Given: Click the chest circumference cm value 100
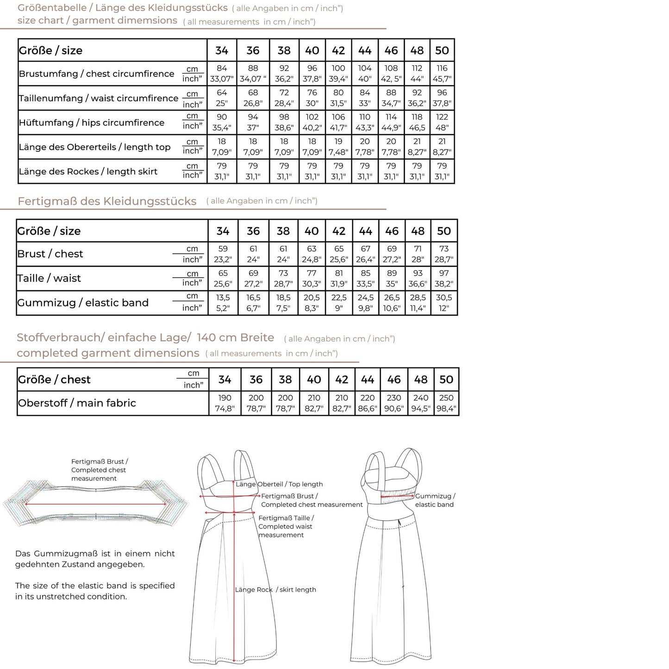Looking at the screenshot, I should (x=338, y=68).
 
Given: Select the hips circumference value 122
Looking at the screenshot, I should (x=442, y=117).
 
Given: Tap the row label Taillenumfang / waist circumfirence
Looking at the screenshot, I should (x=98, y=98).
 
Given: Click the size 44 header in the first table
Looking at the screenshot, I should (x=365, y=50).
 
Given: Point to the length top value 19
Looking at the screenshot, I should (x=338, y=142).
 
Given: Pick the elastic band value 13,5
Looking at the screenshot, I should (x=223, y=298).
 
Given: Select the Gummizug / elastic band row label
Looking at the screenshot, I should (x=83, y=303).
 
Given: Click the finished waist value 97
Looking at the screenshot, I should (x=444, y=273).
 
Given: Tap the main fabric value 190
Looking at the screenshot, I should (x=225, y=398).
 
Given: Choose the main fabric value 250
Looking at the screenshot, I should (x=446, y=398).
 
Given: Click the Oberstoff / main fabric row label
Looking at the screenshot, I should (x=77, y=403).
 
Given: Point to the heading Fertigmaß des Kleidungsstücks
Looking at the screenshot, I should (x=107, y=201).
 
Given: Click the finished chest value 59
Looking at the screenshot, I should (x=223, y=249).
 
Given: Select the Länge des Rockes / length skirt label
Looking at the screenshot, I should (x=88, y=171).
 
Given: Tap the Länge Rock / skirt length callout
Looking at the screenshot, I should (x=275, y=589).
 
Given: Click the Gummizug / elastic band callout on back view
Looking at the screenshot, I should (x=435, y=500).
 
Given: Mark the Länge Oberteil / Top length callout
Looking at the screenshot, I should (x=279, y=484).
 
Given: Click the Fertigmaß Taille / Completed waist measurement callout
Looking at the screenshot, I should (x=286, y=526).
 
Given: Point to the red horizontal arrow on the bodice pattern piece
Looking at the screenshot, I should (x=96, y=504).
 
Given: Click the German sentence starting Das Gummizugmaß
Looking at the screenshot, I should (x=95, y=559).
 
